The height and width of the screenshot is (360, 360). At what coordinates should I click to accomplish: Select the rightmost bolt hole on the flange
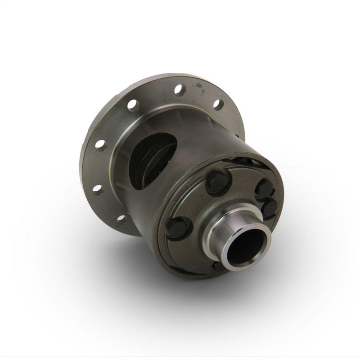pyautogui.click(x=218, y=104)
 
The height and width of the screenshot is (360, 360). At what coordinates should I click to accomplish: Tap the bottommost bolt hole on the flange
pyautogui.click(x=121, y=220)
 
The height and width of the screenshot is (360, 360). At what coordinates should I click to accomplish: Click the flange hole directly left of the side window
pyautogui.click(x=101, y=145)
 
